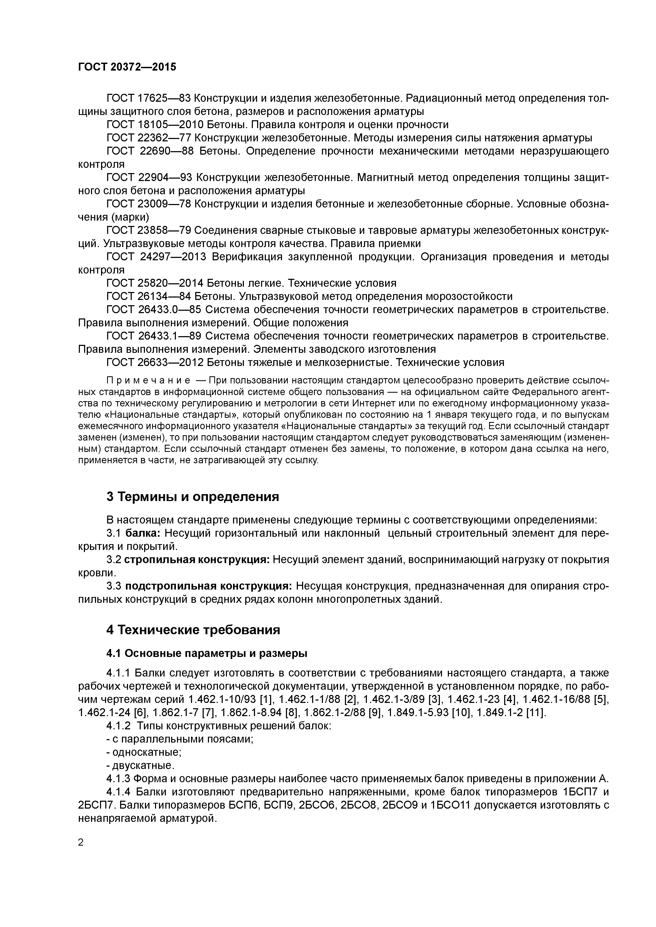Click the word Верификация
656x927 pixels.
tap(247, 257)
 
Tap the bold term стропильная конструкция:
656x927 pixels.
tap(197, 560)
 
